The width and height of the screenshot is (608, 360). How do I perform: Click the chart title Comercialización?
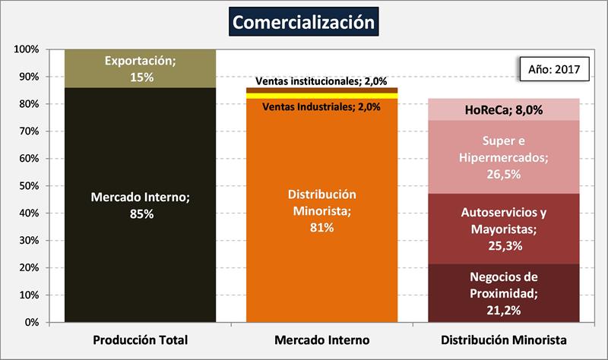click(303, 23)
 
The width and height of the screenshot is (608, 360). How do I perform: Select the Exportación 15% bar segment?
click(140, 68)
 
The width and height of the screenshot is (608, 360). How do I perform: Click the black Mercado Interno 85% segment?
click(140, 205)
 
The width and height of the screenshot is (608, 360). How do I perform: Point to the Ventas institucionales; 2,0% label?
click(321, 81)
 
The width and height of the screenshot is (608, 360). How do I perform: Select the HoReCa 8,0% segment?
click(503, 109)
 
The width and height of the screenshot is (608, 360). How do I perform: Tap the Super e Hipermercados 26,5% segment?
click(503, 156)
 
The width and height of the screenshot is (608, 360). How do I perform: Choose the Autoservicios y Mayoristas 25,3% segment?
click(503, 229)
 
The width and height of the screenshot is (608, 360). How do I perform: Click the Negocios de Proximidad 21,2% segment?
click(503, 292)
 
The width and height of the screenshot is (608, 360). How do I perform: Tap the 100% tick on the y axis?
click(27, 49)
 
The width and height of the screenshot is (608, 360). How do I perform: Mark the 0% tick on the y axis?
click(31, 322)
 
